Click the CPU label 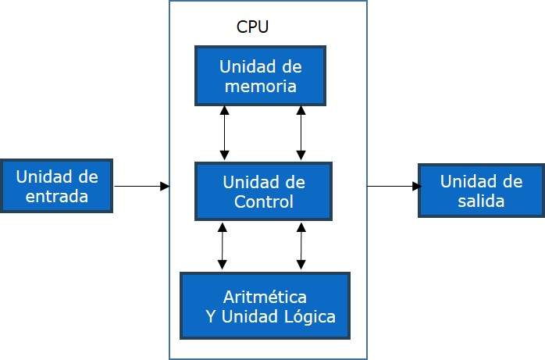(x=253, y=27)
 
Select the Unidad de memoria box (x=260, y=76)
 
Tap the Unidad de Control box (x=263, y=192)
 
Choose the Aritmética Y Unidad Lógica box (x=265, y=306)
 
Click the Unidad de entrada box (x=57, y=186)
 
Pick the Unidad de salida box (x=481, y=191)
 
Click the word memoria (x=260, y=86)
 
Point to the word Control (x=264, y=202)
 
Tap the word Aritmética (x=265, y=297)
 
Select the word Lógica (x=308, y=316)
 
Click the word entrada (x=57, y=196)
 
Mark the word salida (x=481, y=201)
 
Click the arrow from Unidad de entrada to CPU (x=141, y=186)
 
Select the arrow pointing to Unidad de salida (x=394, y=186)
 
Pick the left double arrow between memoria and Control (x=225, y=134)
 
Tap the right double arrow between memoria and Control (x=301, y=134)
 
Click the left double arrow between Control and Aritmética (x=223, y=246)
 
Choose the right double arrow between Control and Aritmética (x=301, y=246)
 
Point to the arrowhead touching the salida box (x=417, y=186)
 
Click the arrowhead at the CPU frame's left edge (x=165, y=186)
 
